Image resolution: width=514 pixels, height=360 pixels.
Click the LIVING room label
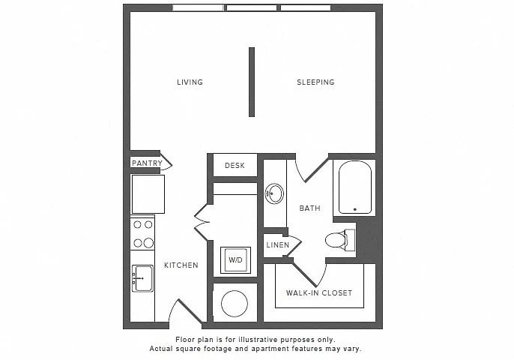tap(190, 82)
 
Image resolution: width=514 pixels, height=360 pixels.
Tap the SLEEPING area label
tap(315, 82)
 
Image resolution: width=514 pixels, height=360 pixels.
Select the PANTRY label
tap(147, 163)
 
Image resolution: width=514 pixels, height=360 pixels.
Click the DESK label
tap(235, 166)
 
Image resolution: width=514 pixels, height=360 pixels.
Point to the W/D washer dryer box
tap(235, 260)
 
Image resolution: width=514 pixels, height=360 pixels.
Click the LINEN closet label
tap(278, 244)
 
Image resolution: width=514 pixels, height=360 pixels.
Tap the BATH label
tap(309, 208)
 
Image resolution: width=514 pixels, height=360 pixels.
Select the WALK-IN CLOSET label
tap(319, 292)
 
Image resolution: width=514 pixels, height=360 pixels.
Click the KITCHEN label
tap(181, 265)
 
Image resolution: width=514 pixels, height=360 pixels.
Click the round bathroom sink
tap(274, 193)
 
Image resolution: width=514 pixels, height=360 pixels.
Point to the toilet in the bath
tap(340, 240)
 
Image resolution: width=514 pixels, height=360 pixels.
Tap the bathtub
tap(354, 187)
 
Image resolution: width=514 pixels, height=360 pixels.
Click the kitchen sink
tap(142, 278)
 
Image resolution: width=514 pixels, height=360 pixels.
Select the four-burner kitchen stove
tap(142, 233)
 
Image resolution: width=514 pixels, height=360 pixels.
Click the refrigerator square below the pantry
tap(148, 194)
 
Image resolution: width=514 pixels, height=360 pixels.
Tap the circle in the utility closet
tap(235, 304)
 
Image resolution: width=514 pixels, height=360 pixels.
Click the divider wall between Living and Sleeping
tap(252, 82)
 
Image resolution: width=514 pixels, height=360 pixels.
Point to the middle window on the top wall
tap(252, 7)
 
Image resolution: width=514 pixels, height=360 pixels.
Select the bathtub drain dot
tap(355, 209)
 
